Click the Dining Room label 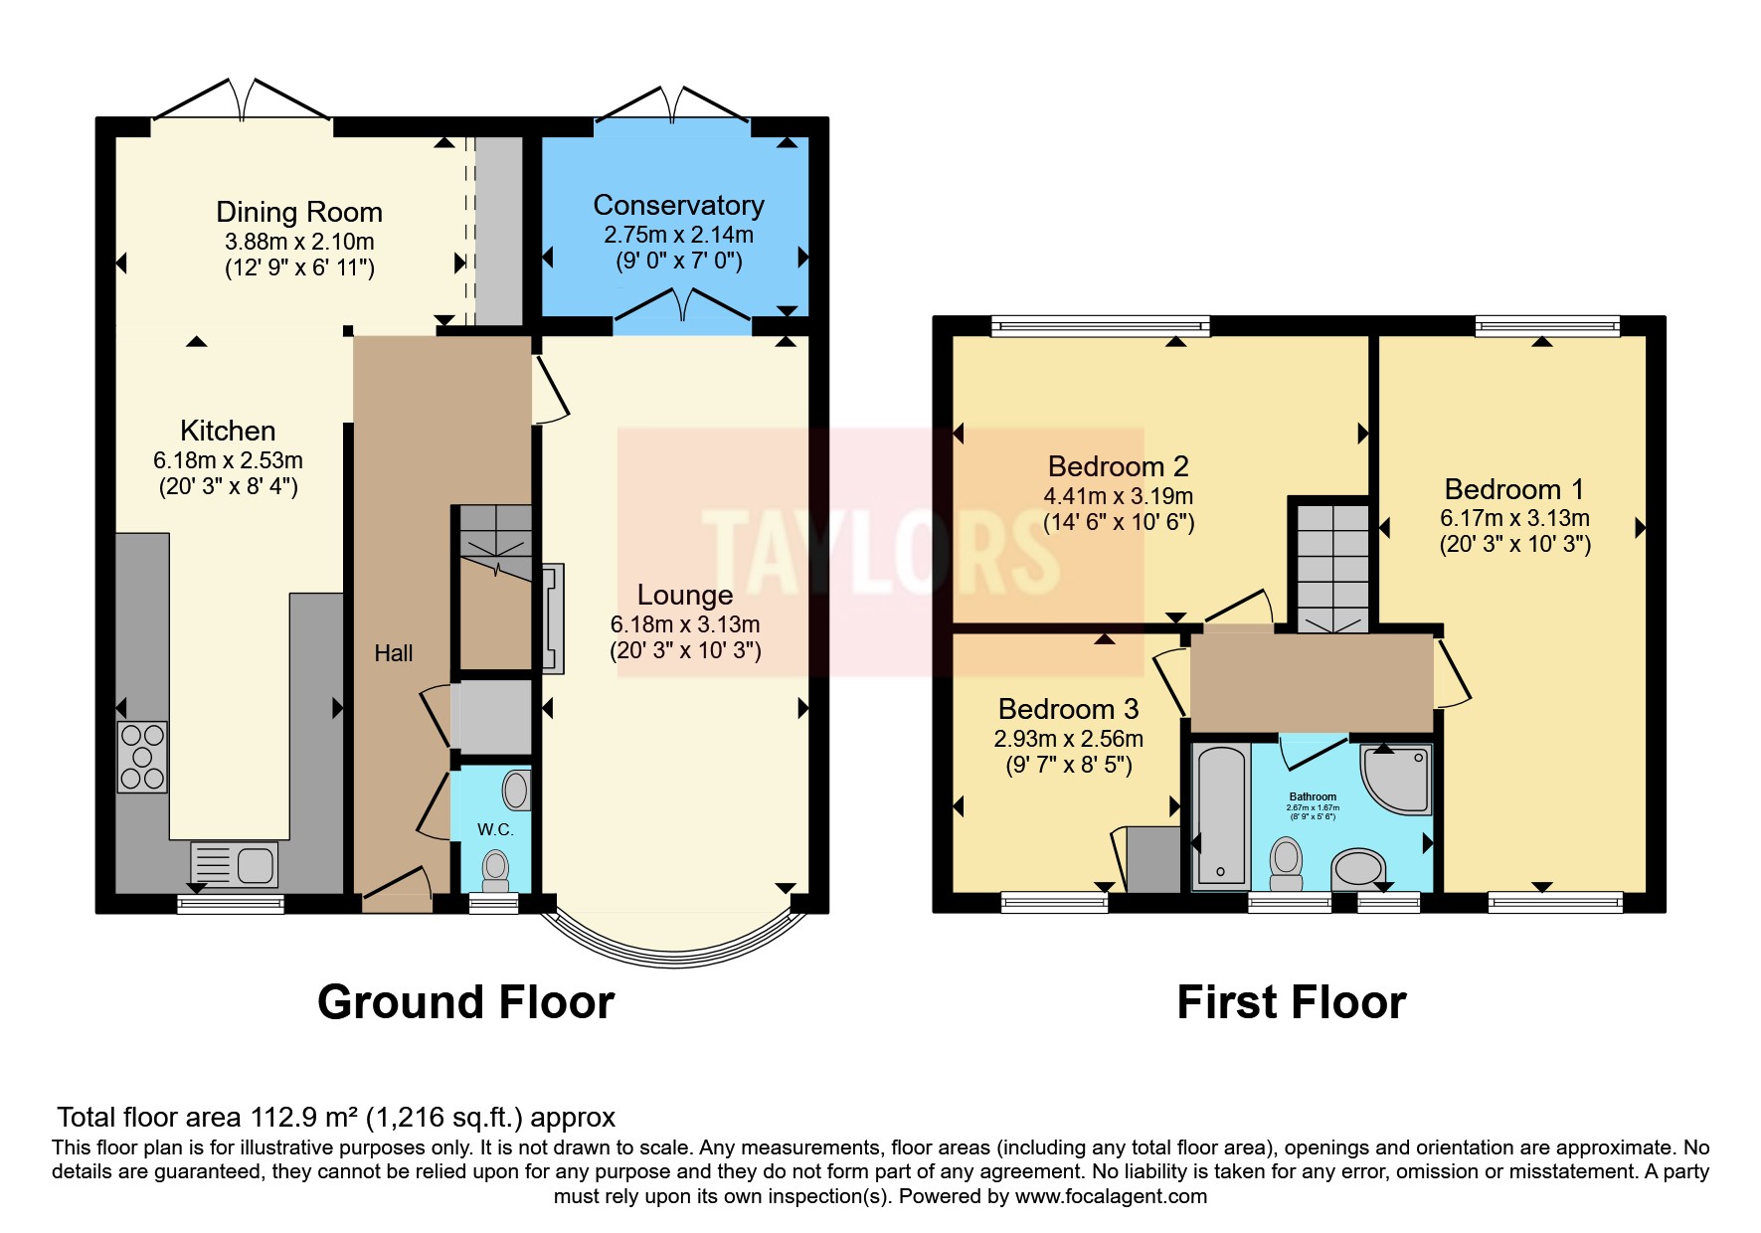pos(298,212)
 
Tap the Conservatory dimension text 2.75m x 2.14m pos(678,235)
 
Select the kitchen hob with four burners pos(142,757)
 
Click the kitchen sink pos(235,863)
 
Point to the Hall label pos(393,653)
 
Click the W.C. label pos(494,828)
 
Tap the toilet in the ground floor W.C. pos(495,870)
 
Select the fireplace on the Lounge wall pos(553,618)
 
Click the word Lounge pos(684,595)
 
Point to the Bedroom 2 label pos(1118,466)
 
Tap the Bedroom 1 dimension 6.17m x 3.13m pos(1513,518)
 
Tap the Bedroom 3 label pos(1068,709)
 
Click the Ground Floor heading pos(465,1002)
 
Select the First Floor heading pos(1291,1002)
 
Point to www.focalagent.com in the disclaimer pos(1110,1196)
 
